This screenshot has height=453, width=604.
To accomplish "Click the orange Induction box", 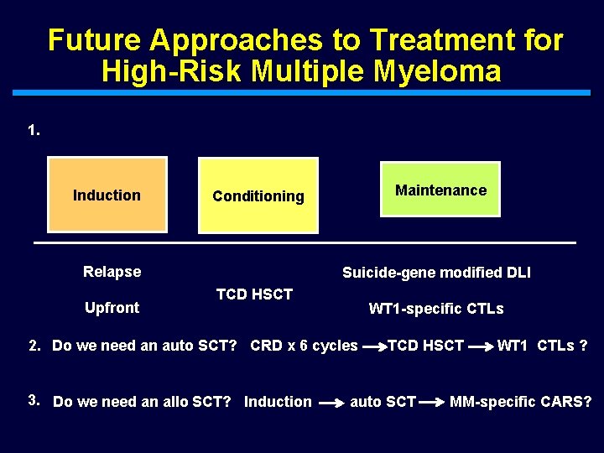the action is (x=107, y=195).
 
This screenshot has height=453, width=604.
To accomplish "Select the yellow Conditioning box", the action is (x=258, y=195).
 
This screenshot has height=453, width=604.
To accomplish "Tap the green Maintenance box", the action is (x=440, y=190).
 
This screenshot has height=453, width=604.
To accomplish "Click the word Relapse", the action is (x=112, y=271).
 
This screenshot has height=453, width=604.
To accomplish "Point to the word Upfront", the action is (x=112, y=307).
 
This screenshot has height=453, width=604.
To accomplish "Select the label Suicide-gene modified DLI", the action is (x=436, y=272).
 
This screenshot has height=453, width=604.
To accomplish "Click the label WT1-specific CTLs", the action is (x=436, y=309).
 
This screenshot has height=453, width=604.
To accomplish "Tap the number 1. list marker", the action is (x=34, y=130).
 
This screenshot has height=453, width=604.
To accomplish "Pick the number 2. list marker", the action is (x=34, y=345).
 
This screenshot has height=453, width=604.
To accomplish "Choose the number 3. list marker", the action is (x=34, y=400).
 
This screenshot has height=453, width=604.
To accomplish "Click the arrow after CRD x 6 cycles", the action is (x=373, y=346).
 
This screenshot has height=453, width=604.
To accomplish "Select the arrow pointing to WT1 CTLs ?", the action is (x=480, y=346).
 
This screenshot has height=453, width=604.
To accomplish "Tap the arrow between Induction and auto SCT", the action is (x=331, y=402).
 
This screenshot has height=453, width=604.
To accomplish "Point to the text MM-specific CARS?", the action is (x=520, y=401).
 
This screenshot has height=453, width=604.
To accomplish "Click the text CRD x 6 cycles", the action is (x=304, y=345).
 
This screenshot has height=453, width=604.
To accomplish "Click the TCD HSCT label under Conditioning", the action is (x=254, y=294).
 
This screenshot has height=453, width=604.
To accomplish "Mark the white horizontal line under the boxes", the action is (x=305, y=242).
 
